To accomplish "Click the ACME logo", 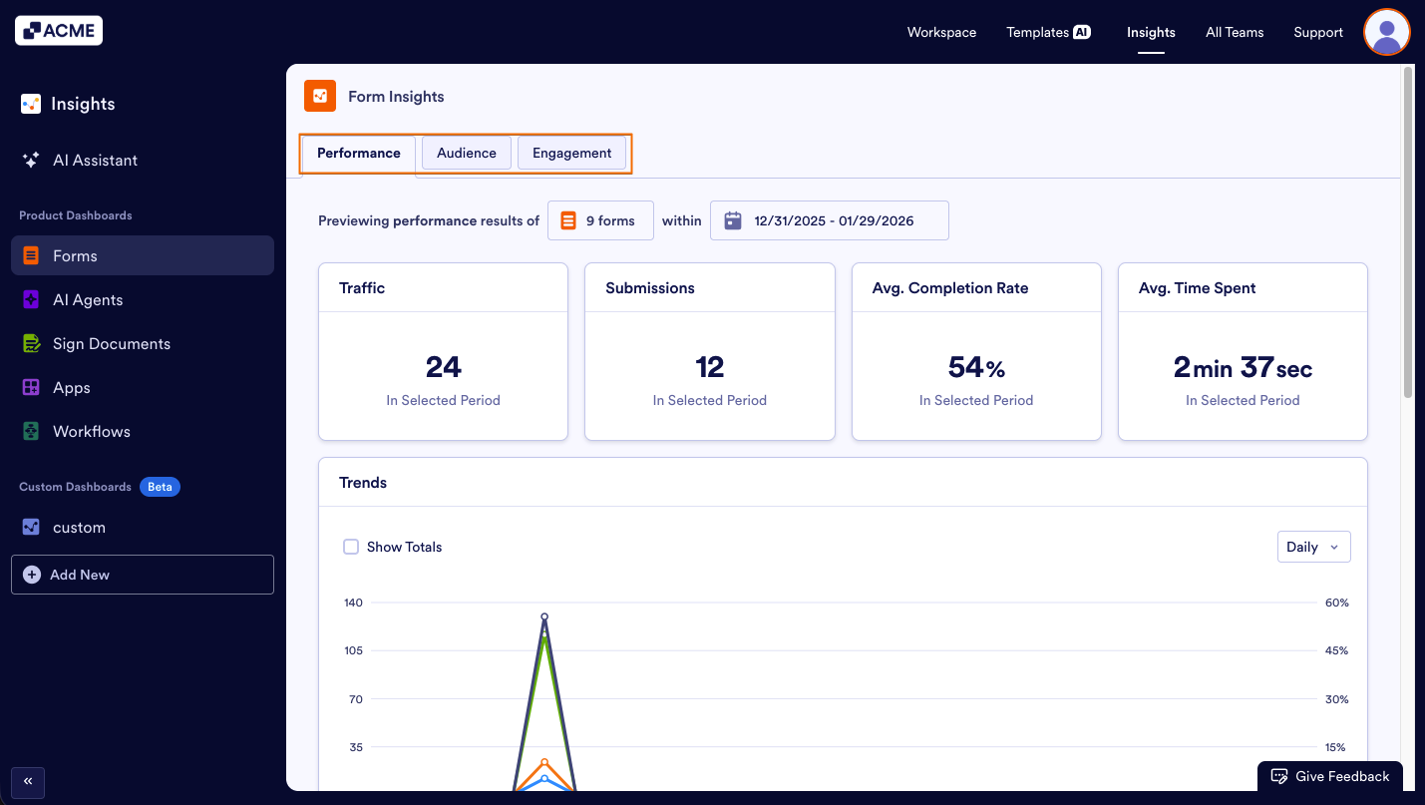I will click(59, 31).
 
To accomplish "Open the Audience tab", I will click(466, 153).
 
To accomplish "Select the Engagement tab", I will click(571, 153).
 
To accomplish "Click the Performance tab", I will click(358, 153).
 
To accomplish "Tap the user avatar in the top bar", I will click(1386, 32).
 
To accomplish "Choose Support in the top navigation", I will click(1317, 32).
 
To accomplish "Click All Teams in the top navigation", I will click(1234, 32).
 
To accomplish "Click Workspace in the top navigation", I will click(941, 32).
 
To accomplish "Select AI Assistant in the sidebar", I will click(95, 160).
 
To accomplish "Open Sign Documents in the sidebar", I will click(111, 343).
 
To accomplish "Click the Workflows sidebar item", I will click(91, 431).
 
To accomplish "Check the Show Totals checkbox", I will click(351, 547).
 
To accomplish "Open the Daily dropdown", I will click(1313, 547).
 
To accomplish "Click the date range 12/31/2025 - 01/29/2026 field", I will click(829, 220).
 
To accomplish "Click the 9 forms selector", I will click(600, 220).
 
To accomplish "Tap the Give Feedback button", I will click(1330, 776).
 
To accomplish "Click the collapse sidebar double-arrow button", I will click(28, 781).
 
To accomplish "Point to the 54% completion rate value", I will click(975, 368).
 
